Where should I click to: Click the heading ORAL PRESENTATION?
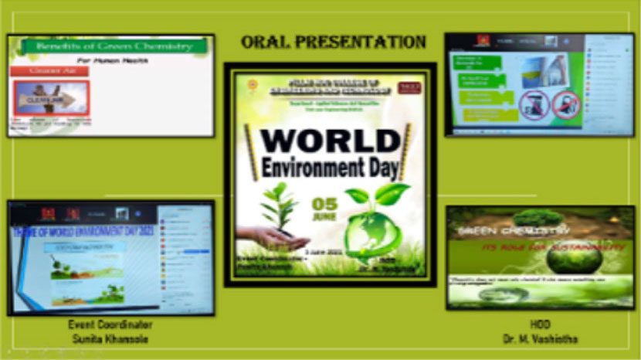click(x=333, y=42)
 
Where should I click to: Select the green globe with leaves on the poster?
click(x=369, y=232)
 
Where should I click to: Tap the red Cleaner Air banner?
click(x=49, y=71)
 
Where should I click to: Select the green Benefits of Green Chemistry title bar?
click(x=113, y=46)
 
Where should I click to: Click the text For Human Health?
click(x=112, y=59)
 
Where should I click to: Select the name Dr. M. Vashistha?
click(x=540, y=338)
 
